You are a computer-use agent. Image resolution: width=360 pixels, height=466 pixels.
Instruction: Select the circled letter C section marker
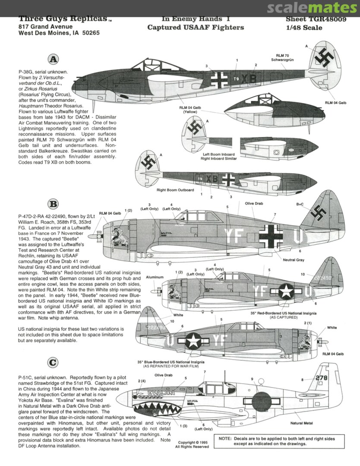52,363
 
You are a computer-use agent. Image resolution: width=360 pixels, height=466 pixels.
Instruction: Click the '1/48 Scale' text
306,28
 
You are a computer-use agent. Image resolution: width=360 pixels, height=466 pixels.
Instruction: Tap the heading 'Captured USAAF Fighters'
196,28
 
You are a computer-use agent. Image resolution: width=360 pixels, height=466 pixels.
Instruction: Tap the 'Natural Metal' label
302,423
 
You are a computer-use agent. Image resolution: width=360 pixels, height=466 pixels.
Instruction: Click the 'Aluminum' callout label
155,277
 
